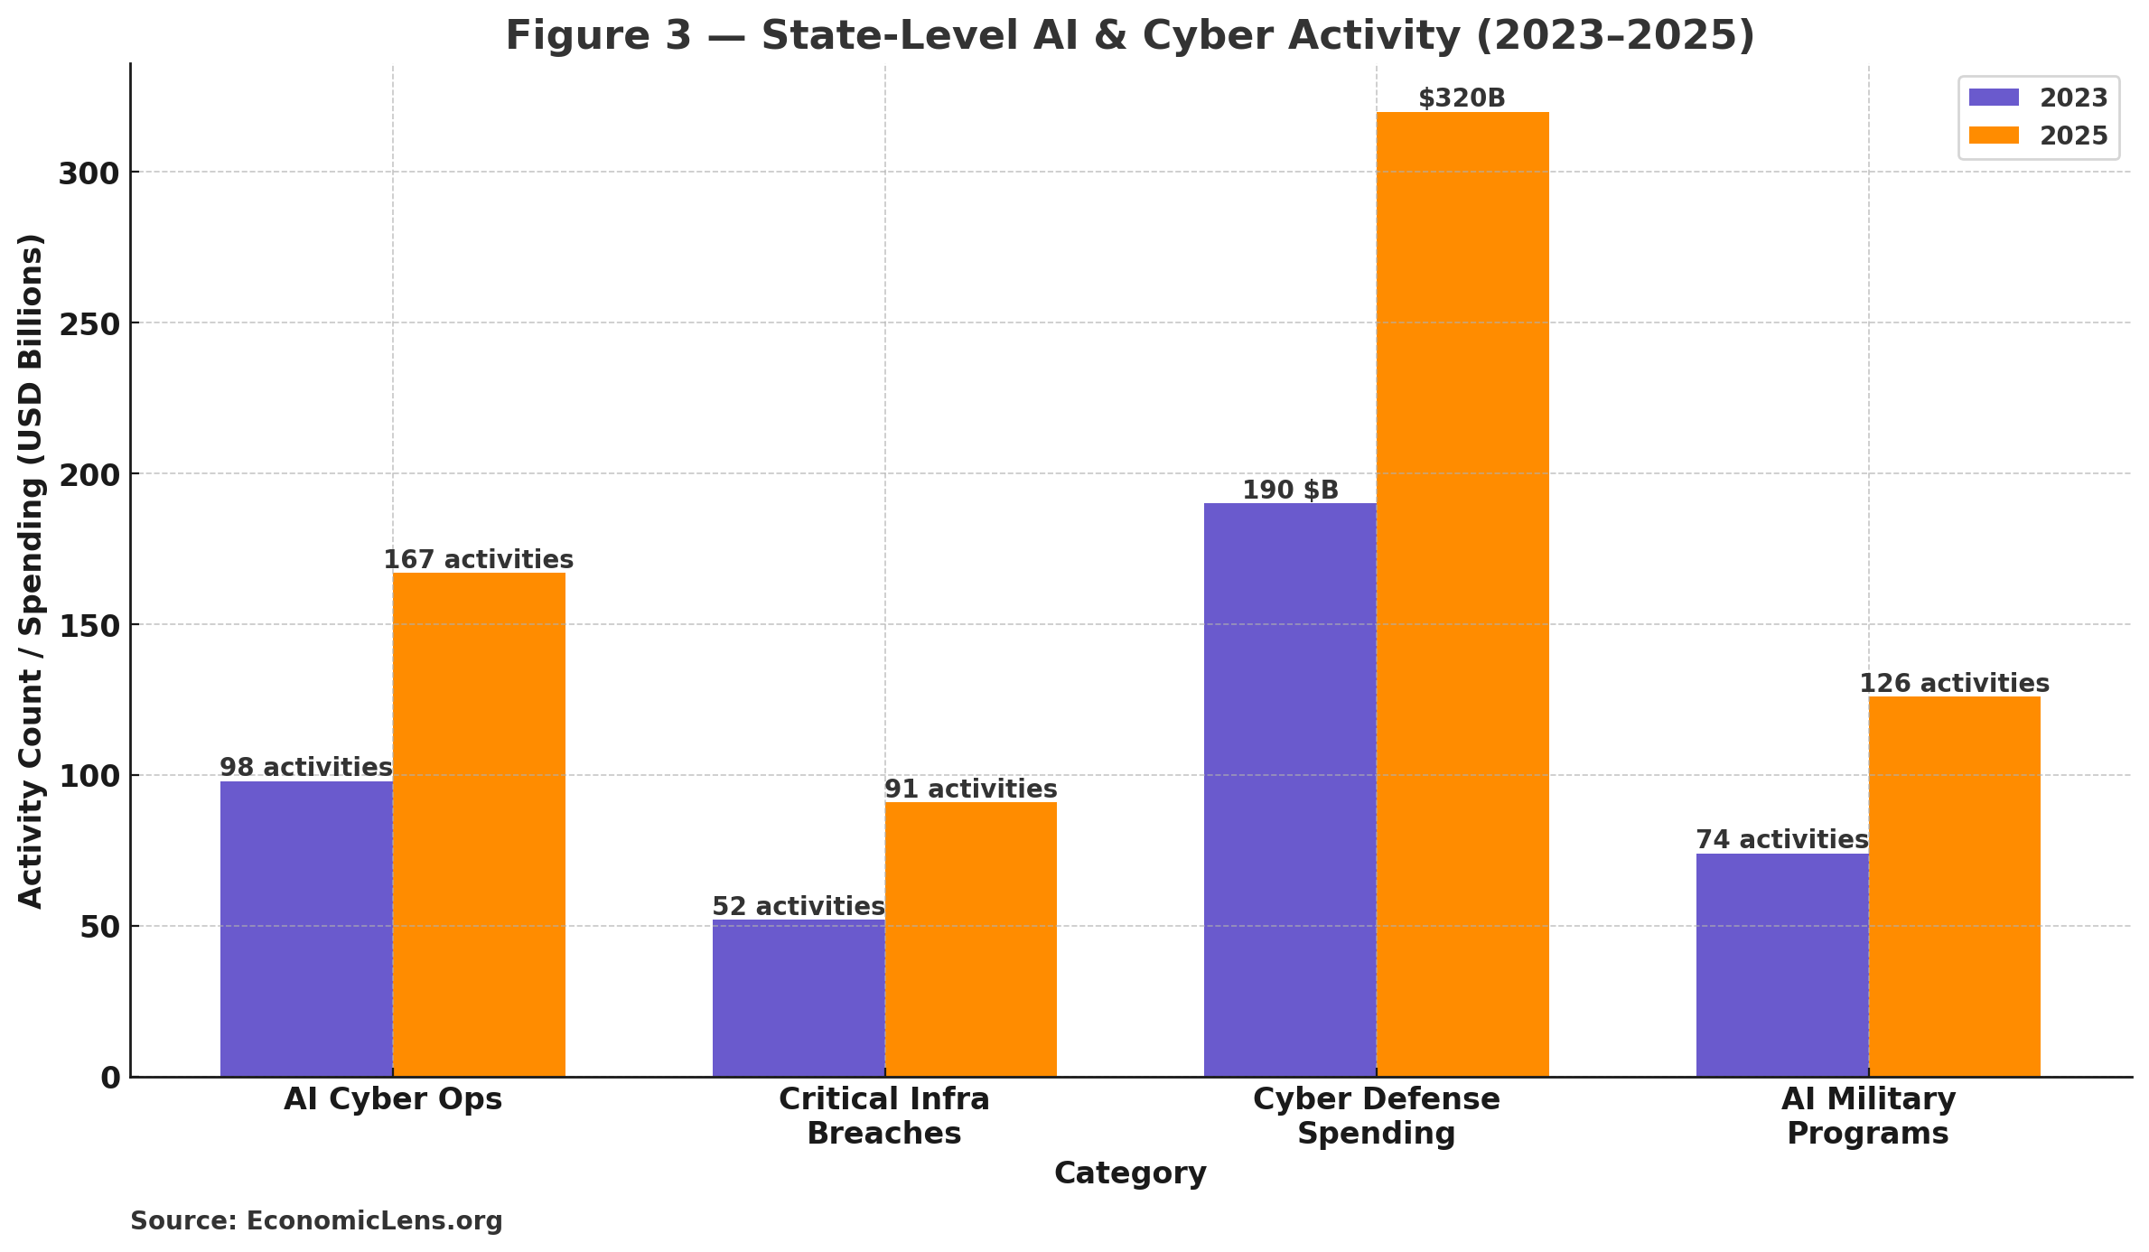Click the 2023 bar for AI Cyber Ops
(x=306, y=929)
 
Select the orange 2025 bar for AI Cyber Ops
(x=479, y=824)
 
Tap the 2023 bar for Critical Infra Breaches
(x=798, y=998)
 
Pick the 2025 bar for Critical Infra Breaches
(x=970, y=939)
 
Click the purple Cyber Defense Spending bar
(x=1290, y=790)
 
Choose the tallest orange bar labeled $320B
(x=1462, y=593)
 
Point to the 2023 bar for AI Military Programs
(x=1781, y=965)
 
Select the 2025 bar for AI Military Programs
(x=1954, y=885)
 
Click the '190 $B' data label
(x=1290, y=491)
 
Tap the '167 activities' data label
(x=479, y=560)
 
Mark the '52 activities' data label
(x=798, y=907)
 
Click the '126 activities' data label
(x=1954, y=684)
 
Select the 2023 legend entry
(x=2038, y=98)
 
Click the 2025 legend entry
(x=2038, y=136)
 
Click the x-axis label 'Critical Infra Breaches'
(x=884, y=1117)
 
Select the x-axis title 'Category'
(x=1130, y=1173)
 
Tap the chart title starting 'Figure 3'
(x=1130, y=36)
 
